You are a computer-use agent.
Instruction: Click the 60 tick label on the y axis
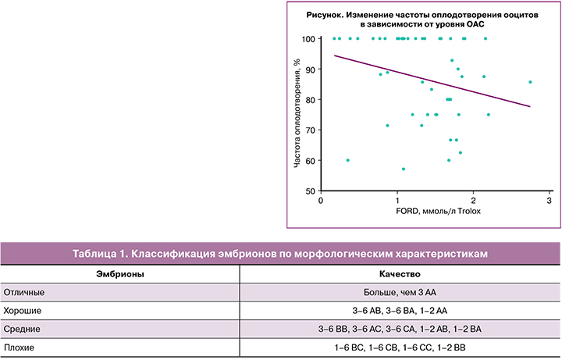pyautogui.click(x=309, y=161)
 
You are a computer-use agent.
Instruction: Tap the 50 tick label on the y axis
pyautogui.click(x=309, y=191)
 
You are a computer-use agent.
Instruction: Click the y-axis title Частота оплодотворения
pyautogui.click(x=297, y=116)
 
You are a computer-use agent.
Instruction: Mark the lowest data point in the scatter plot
pyautogui.click(x=404, y=169)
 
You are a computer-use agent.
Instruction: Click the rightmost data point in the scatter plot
pyautogui.click(x=530, y=82)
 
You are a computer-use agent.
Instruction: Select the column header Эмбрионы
pyautogui.click(x=119, y=275)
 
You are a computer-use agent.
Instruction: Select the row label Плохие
pyautogui.click(x=20, y=346)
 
